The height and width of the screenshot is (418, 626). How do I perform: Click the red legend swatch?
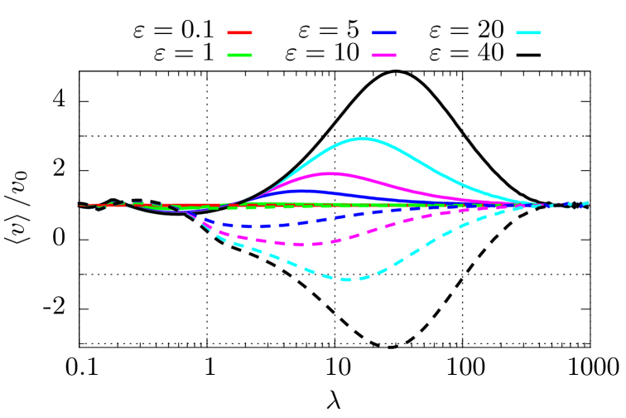(239, 32)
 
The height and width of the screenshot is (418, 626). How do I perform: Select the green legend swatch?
(239, 55)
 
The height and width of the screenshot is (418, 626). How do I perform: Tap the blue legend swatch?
(383, 32)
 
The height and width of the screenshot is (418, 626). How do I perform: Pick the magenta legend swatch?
(383, 55)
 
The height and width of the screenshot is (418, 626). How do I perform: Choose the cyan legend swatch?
(528, 32)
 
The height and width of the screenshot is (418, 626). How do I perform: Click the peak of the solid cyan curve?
(363, 139)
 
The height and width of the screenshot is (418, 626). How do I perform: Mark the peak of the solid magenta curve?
(330, 173)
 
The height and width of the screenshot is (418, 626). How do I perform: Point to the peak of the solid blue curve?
(306, 191)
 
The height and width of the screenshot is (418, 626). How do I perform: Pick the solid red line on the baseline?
(166, 205)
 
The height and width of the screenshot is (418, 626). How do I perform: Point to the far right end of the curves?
(587, 204)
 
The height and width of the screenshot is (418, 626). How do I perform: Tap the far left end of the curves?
(79, 205)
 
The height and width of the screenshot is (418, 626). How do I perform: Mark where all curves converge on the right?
(542, 205)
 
